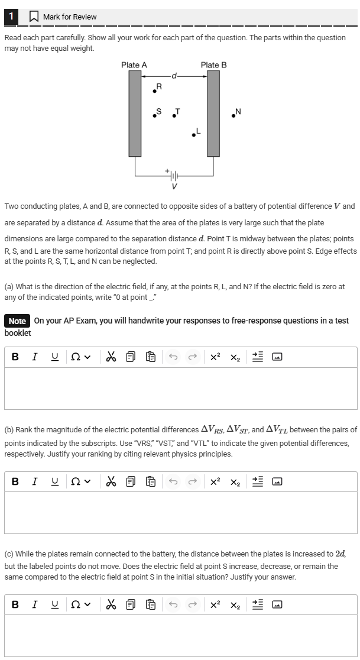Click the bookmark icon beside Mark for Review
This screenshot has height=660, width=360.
click(x=34, y=17)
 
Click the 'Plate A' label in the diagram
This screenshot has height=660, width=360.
click(x=134, y=65)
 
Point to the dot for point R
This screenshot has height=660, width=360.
click(x=155, y=90)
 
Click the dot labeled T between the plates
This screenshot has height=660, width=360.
click(x=173, y=115)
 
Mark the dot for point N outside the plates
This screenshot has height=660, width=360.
click(x=234, y=115)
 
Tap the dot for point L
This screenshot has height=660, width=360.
click(x=193, y=135)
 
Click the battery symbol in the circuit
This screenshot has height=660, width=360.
click(x=174, y=176)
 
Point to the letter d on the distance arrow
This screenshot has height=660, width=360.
click(x=174, y=76)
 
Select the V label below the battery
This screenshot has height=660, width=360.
click(x=174, y=187)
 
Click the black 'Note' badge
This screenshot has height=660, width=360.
click(x=17, y=321)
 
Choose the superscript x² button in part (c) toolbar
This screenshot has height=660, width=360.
click(x=216, y=605)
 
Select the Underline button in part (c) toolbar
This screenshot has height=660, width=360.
click(x=54, y=605)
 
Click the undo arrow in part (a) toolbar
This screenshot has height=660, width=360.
click(x=173, y=357)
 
